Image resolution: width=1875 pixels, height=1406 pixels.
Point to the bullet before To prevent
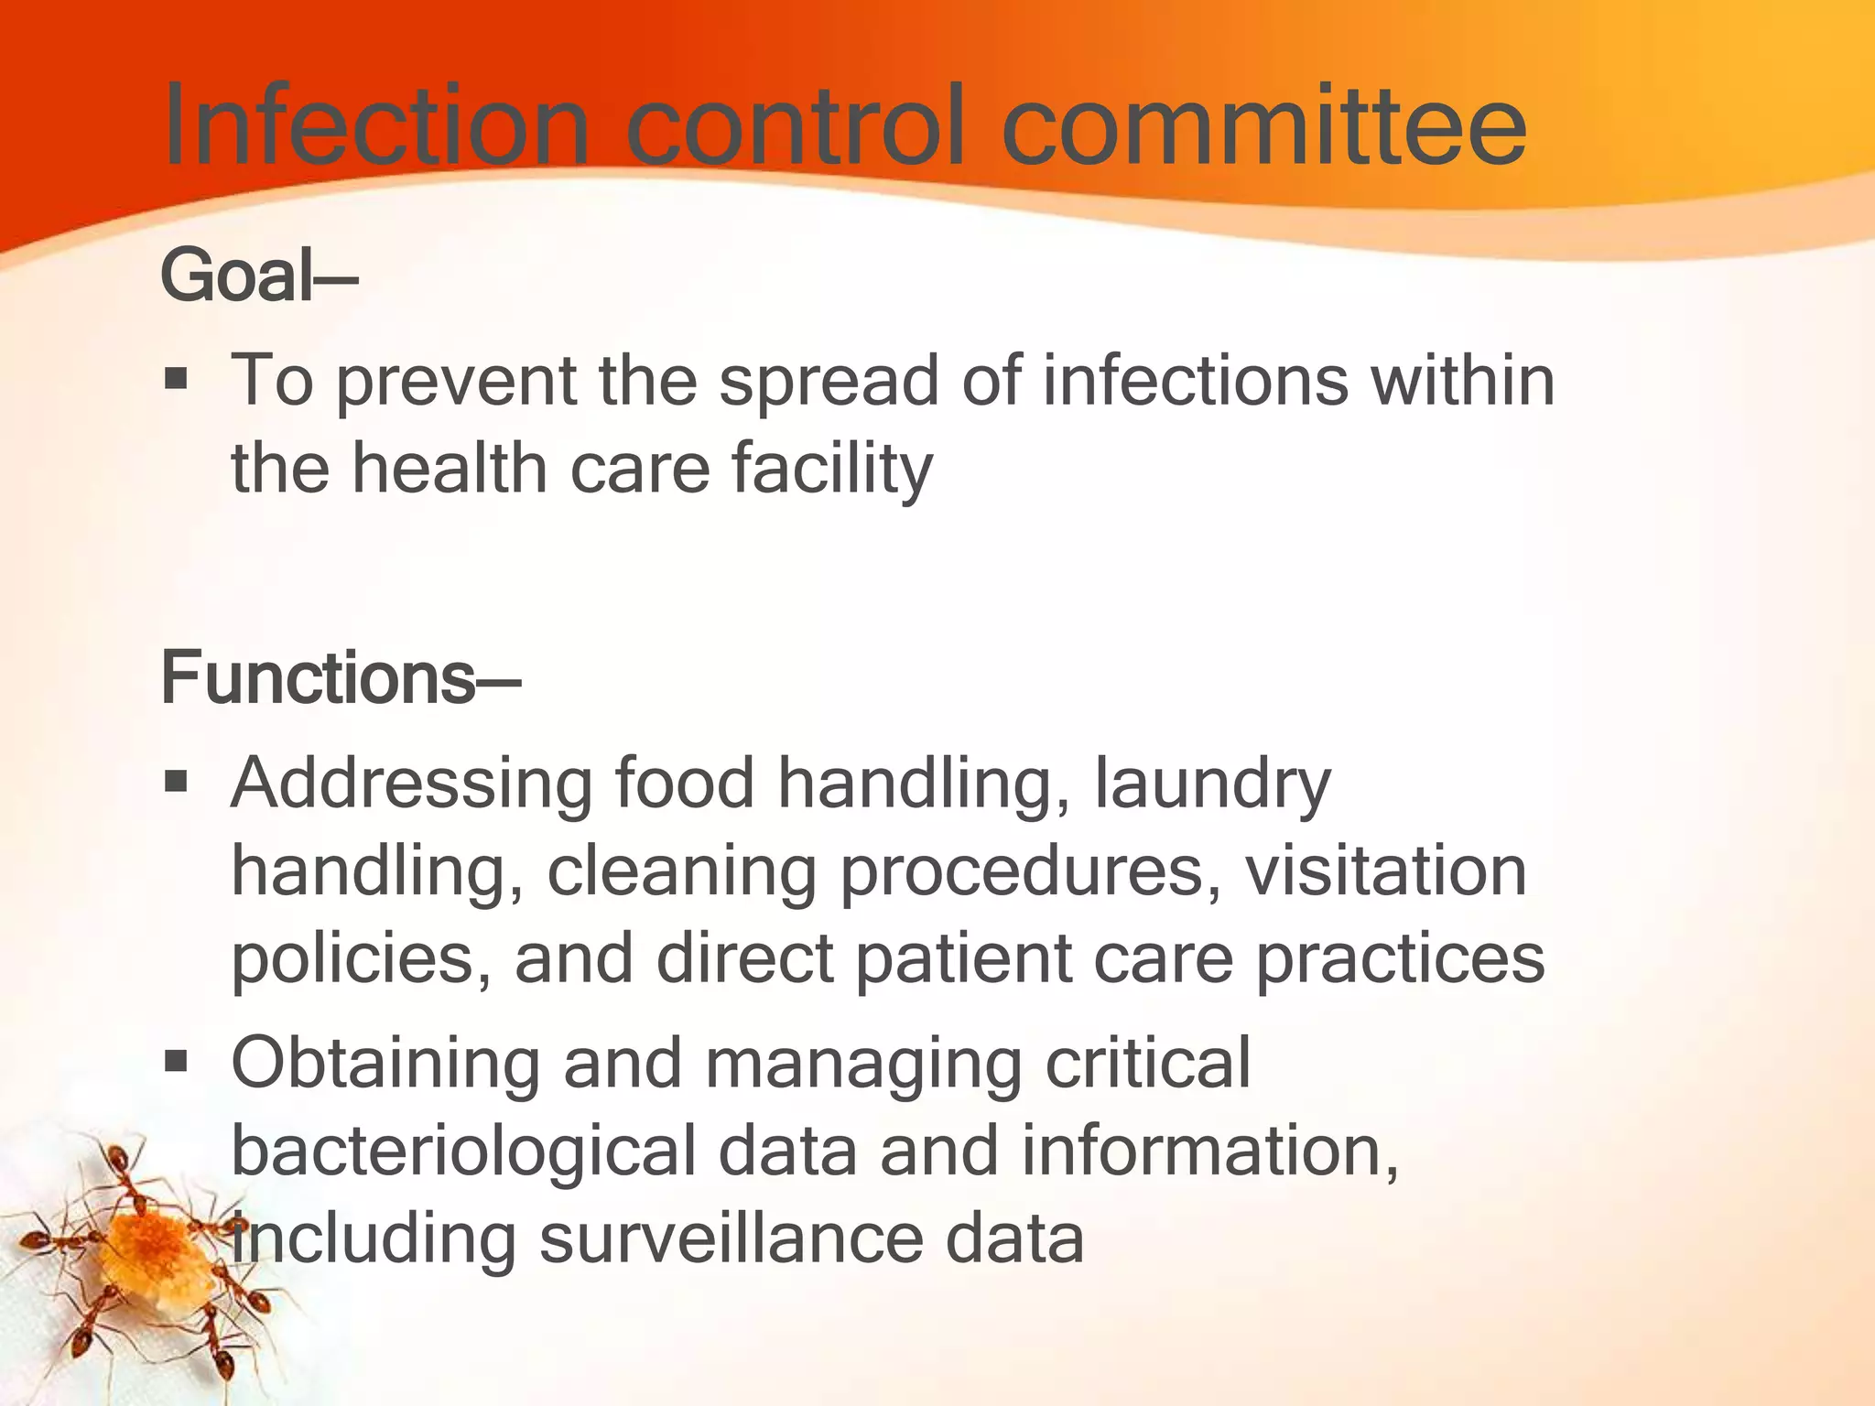click(176, 378)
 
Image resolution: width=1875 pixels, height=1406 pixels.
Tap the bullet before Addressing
click(176, 782)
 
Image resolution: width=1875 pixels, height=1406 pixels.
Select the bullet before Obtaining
click(176, 1062)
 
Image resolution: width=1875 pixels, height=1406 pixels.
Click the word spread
click(829, 383)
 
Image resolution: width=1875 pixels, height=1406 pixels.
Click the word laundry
click(1213, 785)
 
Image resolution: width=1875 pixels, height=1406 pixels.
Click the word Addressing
click(411, 784)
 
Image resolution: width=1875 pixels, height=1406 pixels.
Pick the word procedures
click(1030, 872)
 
